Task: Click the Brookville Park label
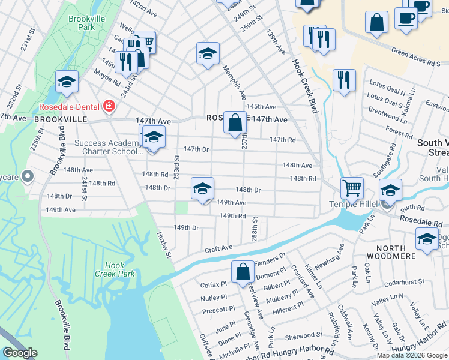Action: coord(82,23)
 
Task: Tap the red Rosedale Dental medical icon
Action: coord(109,107)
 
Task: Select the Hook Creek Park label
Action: coord(114,269)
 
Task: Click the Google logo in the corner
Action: coord(20,353)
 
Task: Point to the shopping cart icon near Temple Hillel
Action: coord(352,188)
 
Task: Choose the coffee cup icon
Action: coord(406,18)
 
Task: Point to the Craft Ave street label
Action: coord(218,248)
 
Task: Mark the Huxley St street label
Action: coord(164,245)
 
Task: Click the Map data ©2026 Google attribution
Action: coord(412,355)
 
